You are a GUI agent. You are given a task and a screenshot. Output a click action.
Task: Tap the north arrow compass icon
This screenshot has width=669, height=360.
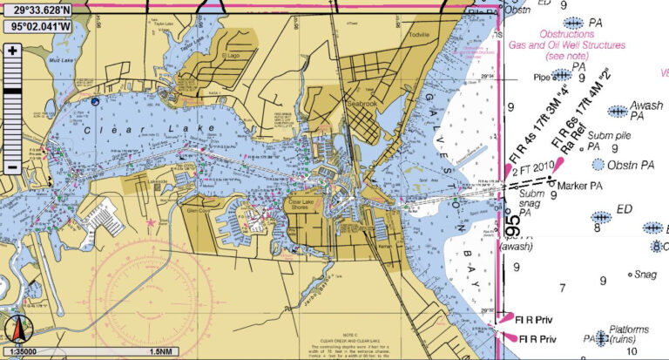(16, 330)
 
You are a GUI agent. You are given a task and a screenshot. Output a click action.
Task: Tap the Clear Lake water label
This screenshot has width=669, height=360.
(116, 131)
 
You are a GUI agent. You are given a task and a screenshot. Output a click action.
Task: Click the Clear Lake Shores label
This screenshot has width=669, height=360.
(305, 202)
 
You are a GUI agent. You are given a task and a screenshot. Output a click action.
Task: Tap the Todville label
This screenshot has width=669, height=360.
(419, 35)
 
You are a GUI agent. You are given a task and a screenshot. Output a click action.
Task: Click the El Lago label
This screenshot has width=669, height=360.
(231, 55)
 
